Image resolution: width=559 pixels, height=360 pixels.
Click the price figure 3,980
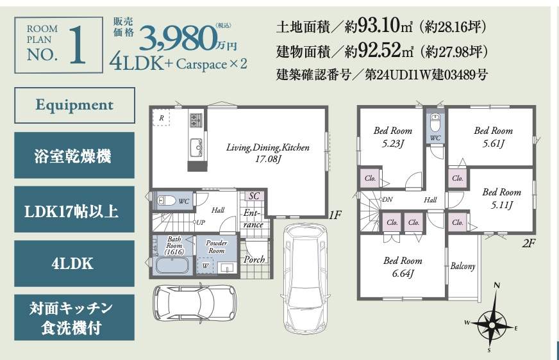(x=177, y=39)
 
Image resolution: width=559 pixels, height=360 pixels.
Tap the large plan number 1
(x=78, y=45)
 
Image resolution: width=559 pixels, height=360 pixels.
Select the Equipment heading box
(x=74, y=106)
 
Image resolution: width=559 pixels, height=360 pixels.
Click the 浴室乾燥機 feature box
(x=74, y=155)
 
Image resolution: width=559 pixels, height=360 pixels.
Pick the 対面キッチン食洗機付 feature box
(x=74, y=318)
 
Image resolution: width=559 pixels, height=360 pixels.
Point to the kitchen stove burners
(x=196, y=120)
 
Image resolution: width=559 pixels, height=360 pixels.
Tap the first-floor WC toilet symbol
(x=167, y=200)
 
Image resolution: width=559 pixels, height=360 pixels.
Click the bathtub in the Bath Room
(x=172, y=265)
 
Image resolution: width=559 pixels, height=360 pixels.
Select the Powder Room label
(x=217, y=247)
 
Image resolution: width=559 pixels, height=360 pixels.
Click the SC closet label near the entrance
(x=254, y=196)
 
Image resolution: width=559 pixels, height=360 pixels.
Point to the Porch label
(x=254, y=259)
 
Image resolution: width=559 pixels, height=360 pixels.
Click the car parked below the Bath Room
(x=196, y=302)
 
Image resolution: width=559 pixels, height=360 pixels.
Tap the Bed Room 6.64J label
(x=403, y=267)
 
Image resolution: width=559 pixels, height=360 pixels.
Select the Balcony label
(x=463, y=266)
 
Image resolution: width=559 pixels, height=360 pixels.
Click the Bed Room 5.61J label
(x=494, y=136)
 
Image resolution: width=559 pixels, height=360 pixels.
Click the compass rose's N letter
(x=497, y=285)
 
